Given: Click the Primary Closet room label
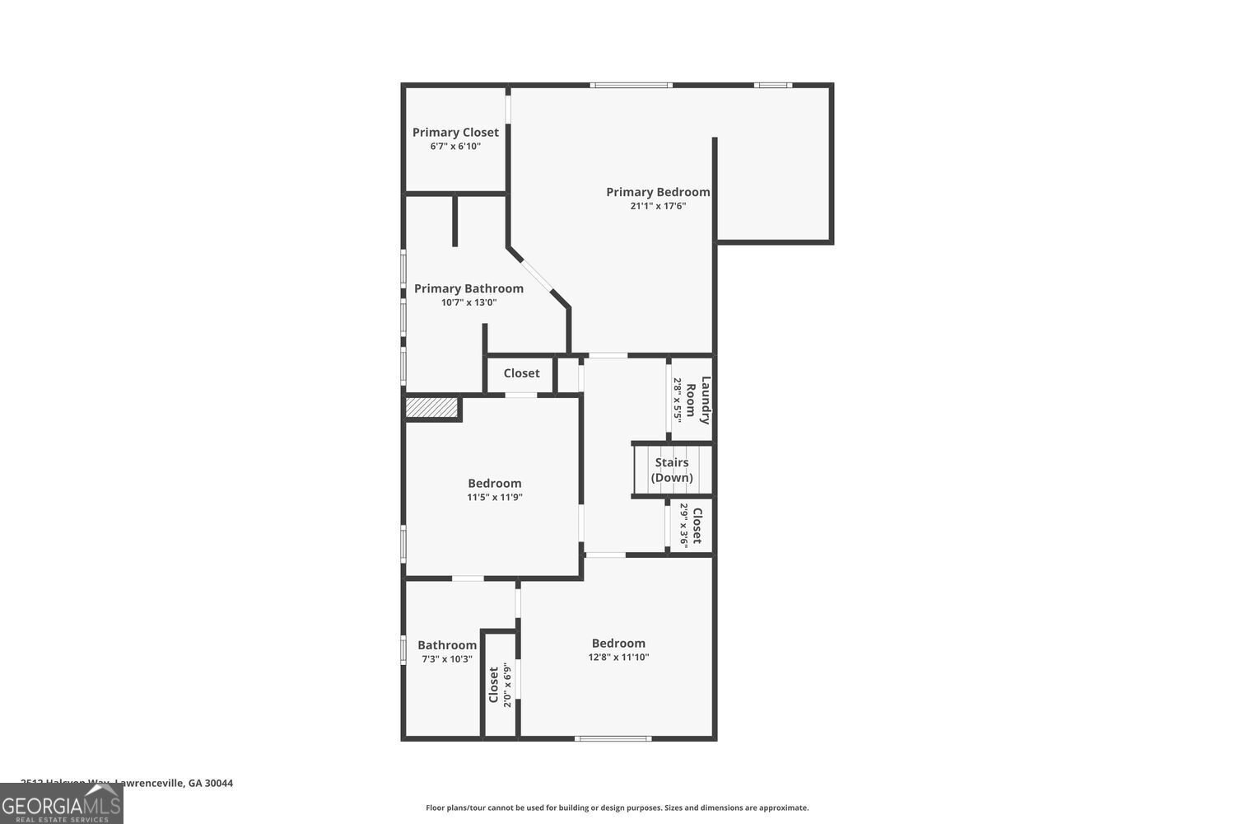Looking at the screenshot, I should tap(455, 132).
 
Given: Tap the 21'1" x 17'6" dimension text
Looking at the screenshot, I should tap(658, 206).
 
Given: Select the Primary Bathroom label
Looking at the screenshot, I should tap(468, 288).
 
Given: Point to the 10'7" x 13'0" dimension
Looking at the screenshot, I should tap(468, 302).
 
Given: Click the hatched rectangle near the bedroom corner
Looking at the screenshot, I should tap(431, 408).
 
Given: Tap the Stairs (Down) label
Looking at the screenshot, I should tap(672, 470).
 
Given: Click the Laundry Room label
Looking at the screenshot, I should tap(698, 400).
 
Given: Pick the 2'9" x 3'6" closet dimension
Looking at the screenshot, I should tap(684, 526).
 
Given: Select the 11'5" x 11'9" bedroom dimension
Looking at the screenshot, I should tap(495, 497).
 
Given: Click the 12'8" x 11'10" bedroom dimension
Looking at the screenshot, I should tap(618, 657).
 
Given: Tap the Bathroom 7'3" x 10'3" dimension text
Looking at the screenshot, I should tap(447, 659).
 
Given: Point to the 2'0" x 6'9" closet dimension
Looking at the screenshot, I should tap(508, 685).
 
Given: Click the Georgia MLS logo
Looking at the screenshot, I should tap(61, 803).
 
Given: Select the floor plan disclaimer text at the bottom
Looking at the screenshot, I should tap(617, 808).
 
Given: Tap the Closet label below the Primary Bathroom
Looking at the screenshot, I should tap(521, 373).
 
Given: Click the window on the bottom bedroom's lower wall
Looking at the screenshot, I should tap(613, 737).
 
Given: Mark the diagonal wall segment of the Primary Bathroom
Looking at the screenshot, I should tap(539, 276).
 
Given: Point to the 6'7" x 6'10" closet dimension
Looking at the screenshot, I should tap(455, 147).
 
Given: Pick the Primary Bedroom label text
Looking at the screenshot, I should tap(658, 192).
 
